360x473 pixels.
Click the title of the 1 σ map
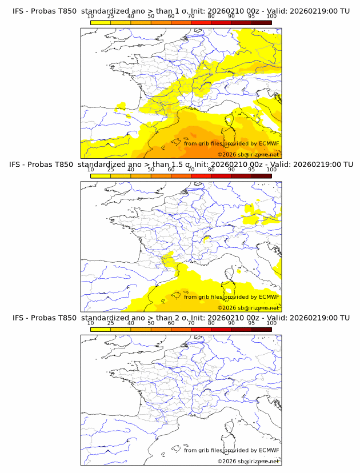click(181, 11)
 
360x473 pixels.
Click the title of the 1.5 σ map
click(181, 164)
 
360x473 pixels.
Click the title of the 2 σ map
click(181, 318)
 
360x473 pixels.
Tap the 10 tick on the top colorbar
click(91, 16)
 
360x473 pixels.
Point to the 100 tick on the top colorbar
click(271, 16)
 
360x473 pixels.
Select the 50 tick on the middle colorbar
click(151, 170)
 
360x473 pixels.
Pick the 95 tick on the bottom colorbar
click(251, 323)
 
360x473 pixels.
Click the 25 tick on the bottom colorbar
click(111, 323)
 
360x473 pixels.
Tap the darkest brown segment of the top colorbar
click(261, 23)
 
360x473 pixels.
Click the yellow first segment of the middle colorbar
click(101, 176)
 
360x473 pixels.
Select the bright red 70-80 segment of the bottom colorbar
click(201, 330)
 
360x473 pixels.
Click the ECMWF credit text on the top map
click(231, 143)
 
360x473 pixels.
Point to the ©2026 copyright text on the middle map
click(249, 307)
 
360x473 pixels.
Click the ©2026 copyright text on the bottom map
click(249, 461)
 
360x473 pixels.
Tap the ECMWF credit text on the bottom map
click(231, 450)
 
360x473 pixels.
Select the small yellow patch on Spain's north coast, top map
click(121, 106)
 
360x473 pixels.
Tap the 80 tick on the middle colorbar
click(211, 170)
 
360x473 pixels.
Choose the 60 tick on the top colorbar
click(171, 16)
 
